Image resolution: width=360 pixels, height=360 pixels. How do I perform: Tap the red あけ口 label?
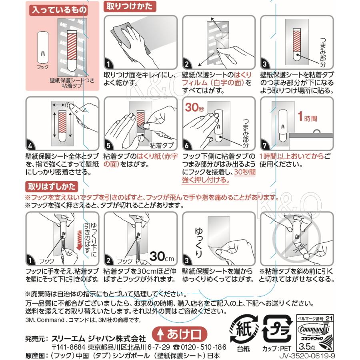(x=180, y=333)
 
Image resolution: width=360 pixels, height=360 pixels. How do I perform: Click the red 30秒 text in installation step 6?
(x=194, y=107)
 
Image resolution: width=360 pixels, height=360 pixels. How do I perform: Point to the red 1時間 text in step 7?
(x=308, y=119)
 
